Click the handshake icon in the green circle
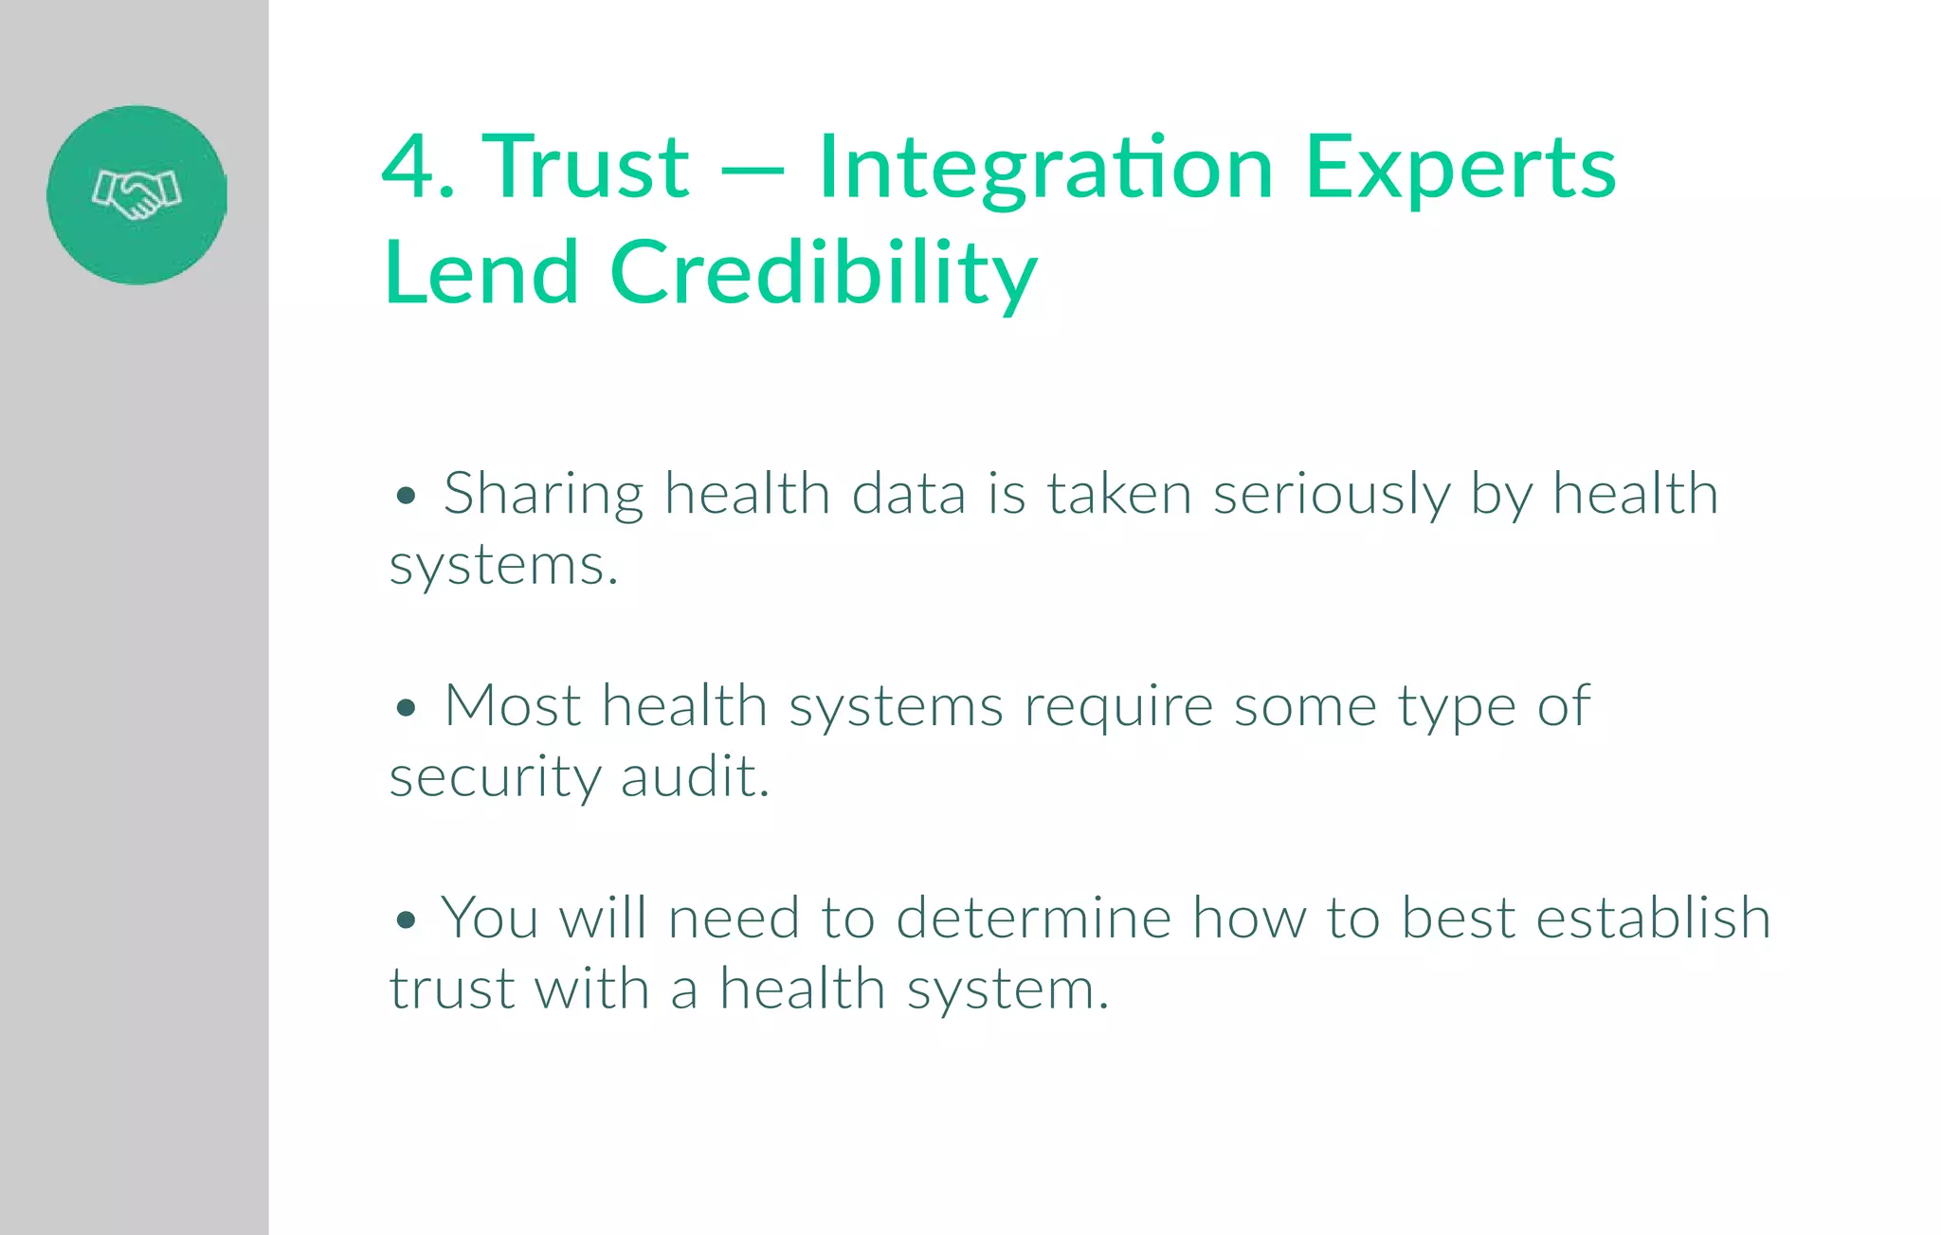coord(136,194)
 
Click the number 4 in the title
coord(408,167)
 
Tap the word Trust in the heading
coord(586,167)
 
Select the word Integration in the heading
coord(1045,169)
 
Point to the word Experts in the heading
coord(1460,169)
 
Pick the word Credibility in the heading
coord(824,274)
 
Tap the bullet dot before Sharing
coord(407,495)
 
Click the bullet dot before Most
coord(407,707)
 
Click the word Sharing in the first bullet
coord(543,495)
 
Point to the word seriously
coord(1331,495)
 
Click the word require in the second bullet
coord(1118,707)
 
